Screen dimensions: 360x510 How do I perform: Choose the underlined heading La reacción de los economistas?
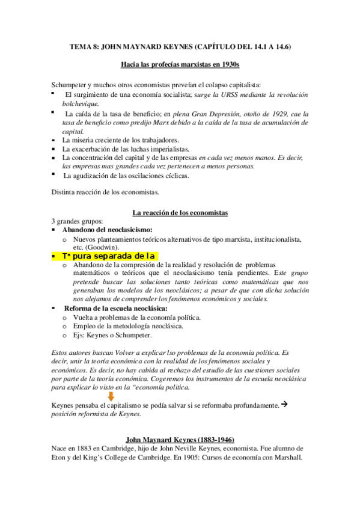point(179,212)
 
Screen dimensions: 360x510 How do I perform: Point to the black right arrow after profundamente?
point(286,404)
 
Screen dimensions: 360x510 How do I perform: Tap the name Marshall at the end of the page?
point(287,456)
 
